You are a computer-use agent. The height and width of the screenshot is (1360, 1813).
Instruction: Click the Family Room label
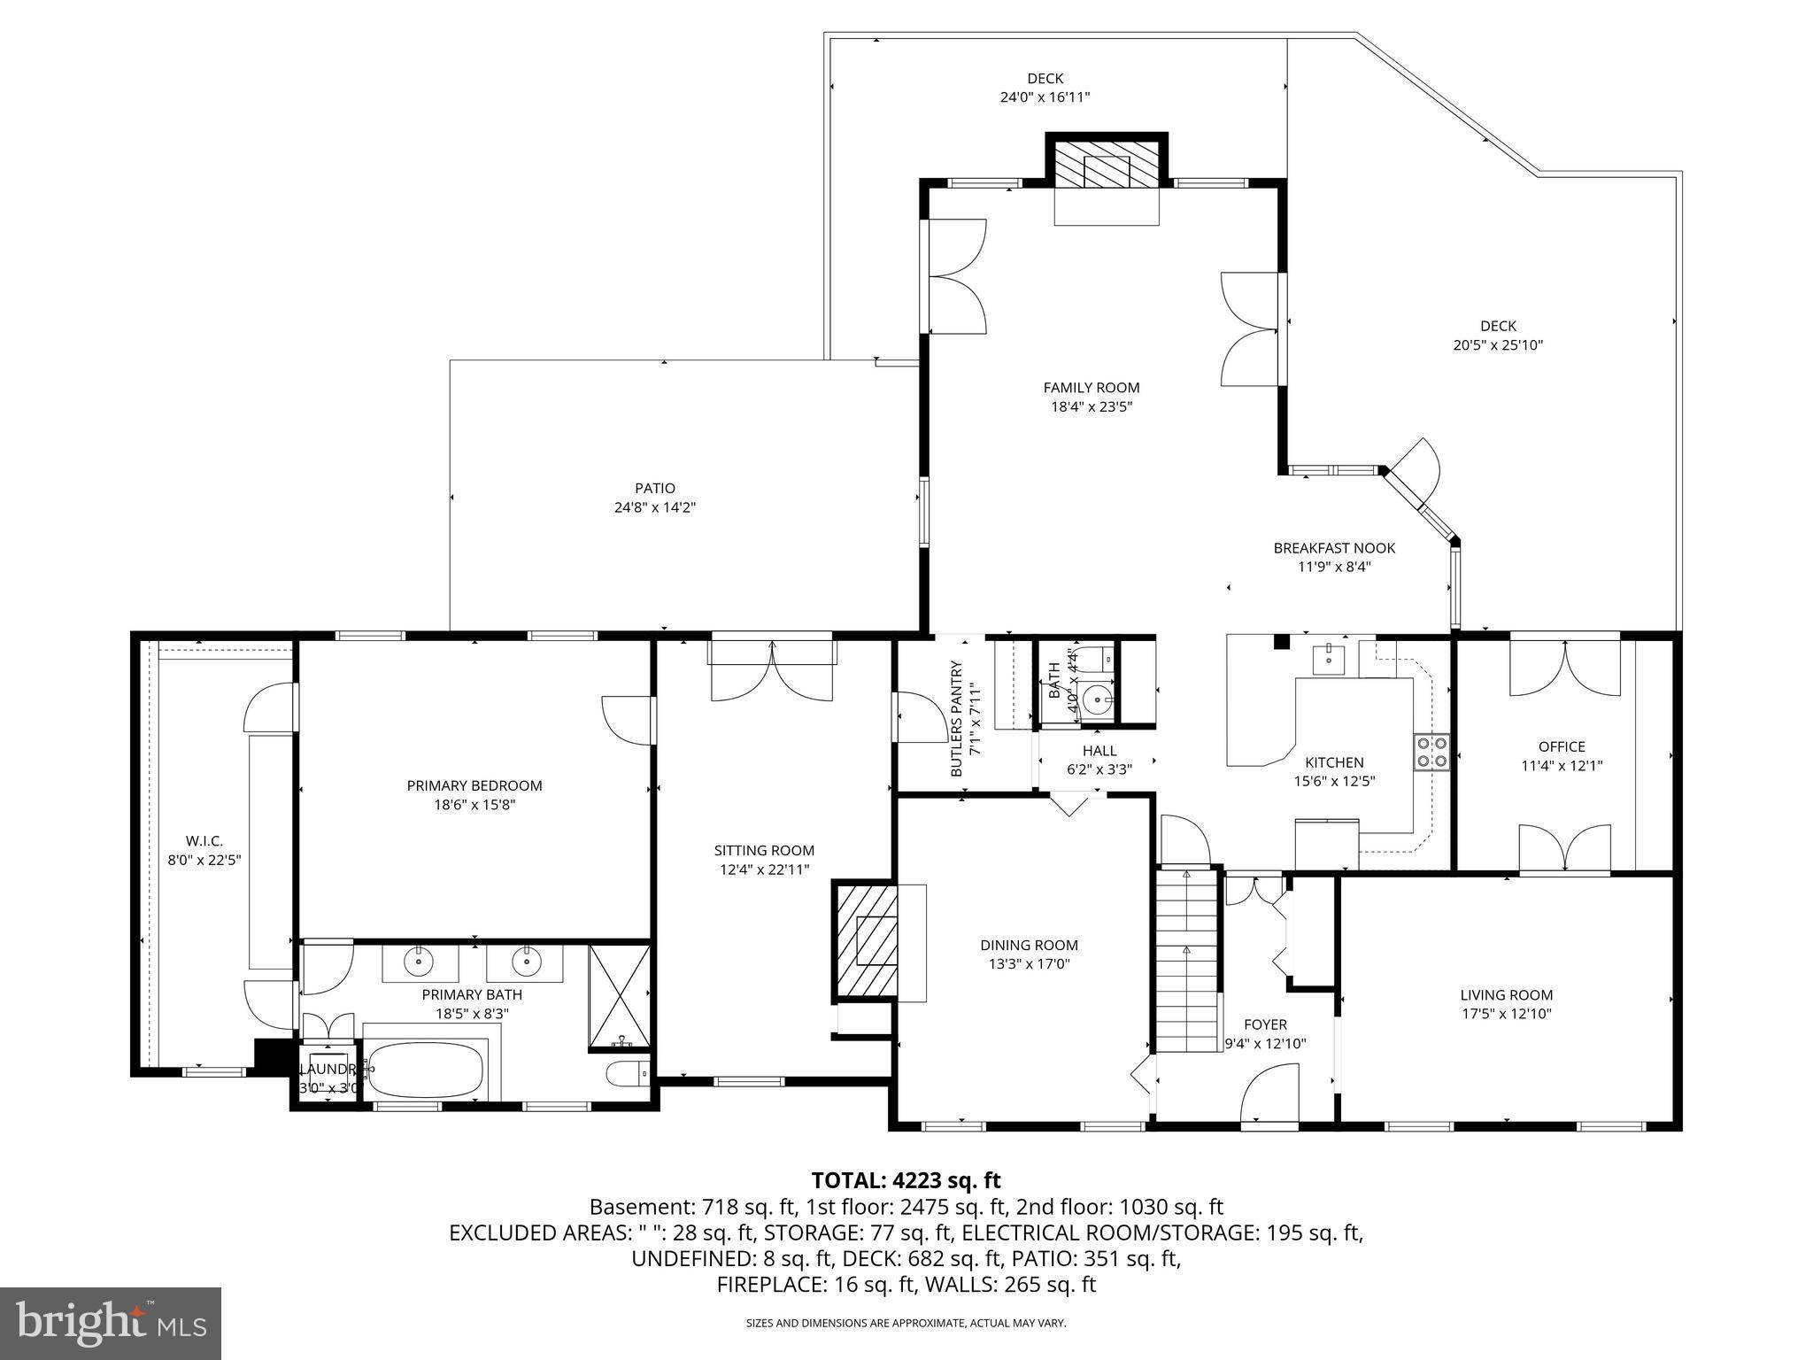click(x=1091, y=388)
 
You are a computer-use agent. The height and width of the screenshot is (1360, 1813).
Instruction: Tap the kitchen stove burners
click(x=1431, y=752)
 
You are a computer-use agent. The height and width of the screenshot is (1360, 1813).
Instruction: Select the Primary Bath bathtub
click(x=426, y=1070)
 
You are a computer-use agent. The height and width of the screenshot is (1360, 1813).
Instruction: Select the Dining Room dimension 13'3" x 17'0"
click(x=1029, y=964)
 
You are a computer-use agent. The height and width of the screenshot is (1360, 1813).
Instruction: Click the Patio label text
click(x=654, y=488)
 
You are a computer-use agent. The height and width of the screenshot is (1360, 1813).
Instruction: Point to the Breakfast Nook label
click(x=1334, y=548)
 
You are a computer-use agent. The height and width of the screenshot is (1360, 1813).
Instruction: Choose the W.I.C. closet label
click(x=204, y=840)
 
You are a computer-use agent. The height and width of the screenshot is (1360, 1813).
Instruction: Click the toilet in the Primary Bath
click(x=627, y=1075)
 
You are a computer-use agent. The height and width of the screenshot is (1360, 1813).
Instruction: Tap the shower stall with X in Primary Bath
click(x=619, y=998)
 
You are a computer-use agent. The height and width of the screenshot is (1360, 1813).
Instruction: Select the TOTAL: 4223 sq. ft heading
click(x=906, y=1180)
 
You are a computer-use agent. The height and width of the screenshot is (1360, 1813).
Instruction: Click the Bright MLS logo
click(x=110, y=1324)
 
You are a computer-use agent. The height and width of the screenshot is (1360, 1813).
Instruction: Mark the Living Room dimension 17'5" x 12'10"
click(x=1506, y=1015)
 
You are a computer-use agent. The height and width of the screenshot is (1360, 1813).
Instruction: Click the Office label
click(x=1562, y=746)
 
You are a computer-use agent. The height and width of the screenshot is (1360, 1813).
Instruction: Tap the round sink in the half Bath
click(x=1098, y=700)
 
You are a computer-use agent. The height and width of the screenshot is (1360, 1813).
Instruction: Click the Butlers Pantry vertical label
click(x=956, y=719)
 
